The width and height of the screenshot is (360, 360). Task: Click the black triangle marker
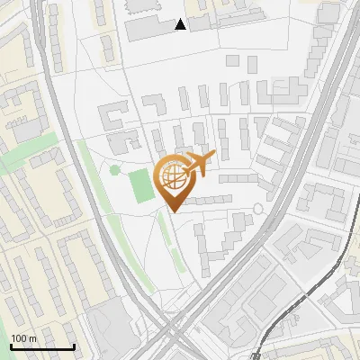pos(181,24)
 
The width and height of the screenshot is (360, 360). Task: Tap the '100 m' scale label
pos(23,338)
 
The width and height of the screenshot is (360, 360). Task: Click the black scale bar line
pos(42,346)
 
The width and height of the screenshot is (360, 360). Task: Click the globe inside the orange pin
pos(173,179)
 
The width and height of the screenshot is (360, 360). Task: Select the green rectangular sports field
pos(141,185)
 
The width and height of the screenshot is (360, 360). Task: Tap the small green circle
pos(114,169)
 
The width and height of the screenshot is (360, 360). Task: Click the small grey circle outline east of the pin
pos(258,209)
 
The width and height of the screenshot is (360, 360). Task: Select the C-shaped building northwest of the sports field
pos(112,117)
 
